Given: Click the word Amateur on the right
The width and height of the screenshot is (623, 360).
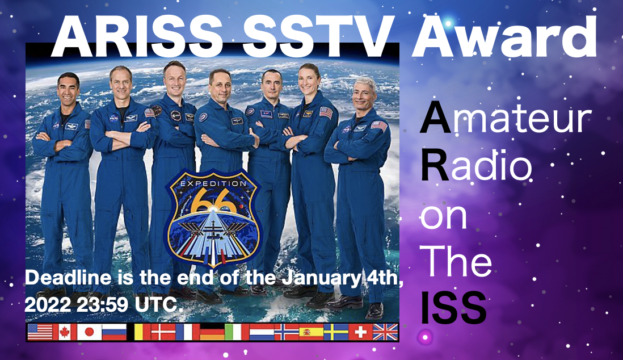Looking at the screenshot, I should (x=506, y=120).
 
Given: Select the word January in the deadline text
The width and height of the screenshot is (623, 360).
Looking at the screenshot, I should (x=317, y=279).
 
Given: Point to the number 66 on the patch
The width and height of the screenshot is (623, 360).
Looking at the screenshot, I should (x=213, y=203).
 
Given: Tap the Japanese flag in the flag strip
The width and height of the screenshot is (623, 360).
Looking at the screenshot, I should (x=89, y=332).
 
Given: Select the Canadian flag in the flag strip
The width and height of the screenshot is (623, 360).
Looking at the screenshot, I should (x=64, y=332).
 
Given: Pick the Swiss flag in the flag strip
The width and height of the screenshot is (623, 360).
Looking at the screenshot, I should (x=360, y=332).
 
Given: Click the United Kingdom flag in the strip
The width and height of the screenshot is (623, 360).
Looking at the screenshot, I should (x=385, y=332).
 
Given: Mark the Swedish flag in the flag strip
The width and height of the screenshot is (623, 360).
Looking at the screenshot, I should (x=335, y=332).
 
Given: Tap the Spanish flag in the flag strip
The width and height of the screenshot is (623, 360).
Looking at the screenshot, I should (x=311, y=332).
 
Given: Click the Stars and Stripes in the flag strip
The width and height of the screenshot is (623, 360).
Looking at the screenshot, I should (x=40, y=332).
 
